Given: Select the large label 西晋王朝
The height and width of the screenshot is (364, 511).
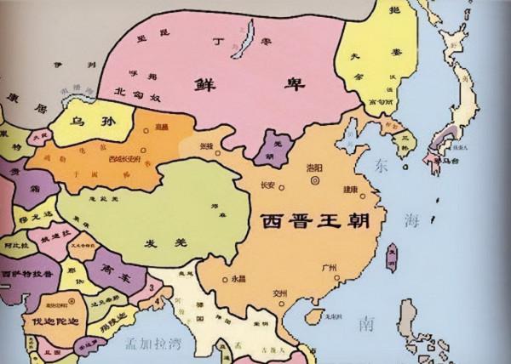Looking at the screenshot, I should (x=311, y=222).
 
